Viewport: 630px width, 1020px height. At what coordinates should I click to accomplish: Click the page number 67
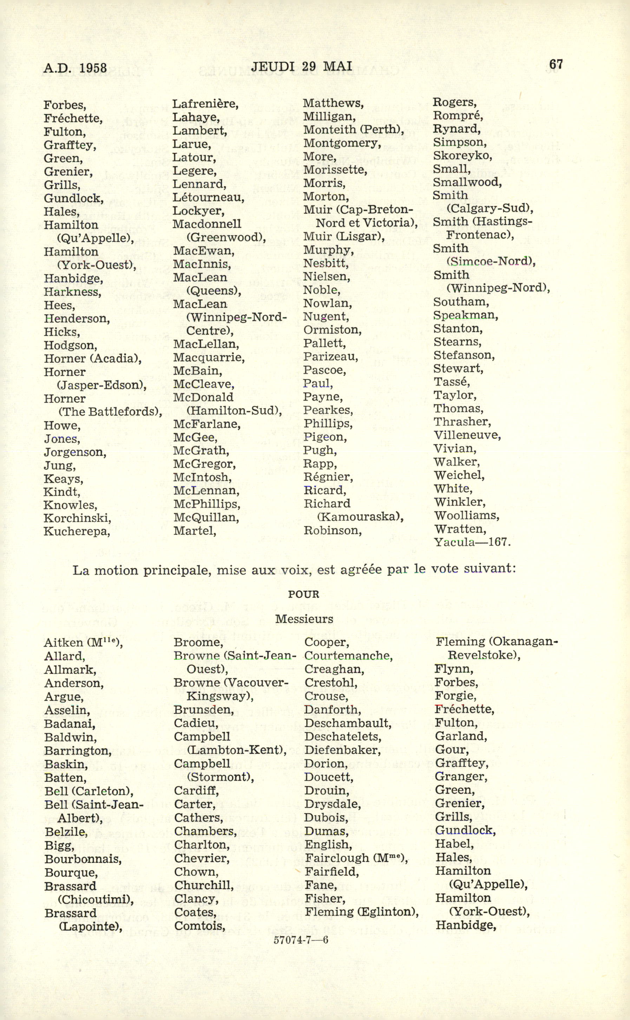(x=556, y=64)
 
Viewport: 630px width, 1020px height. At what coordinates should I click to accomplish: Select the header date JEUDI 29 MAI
(x=302, y=66)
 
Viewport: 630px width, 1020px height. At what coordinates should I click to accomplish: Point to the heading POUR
(x=303, y=595)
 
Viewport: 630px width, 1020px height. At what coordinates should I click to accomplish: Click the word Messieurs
(x=304, y=619)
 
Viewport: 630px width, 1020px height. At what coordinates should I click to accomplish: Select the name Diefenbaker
(x=342, y=750)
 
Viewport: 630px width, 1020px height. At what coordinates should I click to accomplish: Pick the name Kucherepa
(x=76, y=532)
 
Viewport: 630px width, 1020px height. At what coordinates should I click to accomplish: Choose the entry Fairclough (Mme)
(x=356, y=858)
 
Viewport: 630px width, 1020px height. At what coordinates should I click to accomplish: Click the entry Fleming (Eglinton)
(x=361, y=912)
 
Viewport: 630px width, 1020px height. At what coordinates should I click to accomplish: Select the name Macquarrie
(x=209, y=358)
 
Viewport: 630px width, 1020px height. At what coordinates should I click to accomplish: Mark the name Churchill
(x=203, y=885)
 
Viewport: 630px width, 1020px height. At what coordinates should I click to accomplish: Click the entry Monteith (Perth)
(x=353, y=130)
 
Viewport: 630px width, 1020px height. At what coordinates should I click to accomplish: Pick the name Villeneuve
(x=467, y=435)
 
